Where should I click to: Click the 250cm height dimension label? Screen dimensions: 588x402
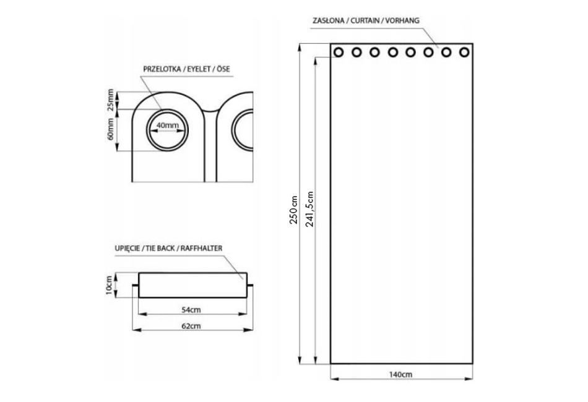(x=293, y=210)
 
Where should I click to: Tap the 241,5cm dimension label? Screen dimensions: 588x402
(x=309, y=209)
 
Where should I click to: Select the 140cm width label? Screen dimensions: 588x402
(x=401, y=374)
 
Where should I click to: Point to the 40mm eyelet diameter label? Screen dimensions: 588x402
(x=167, y=125)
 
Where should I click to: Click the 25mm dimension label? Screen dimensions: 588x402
(x=110, y=100)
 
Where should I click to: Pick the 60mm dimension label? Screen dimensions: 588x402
(x=110, y=129)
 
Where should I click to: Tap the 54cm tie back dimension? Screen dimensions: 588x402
(x=191, y=310)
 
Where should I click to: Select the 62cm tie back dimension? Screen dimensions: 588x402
(x=191, y=326)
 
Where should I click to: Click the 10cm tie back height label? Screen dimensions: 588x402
(x=109, y=285)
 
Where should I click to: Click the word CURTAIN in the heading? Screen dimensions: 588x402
(x=365, y=20)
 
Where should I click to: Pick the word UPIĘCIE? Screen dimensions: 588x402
(x=128, y=249)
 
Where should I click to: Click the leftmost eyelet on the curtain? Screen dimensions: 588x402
(x=338, y=52)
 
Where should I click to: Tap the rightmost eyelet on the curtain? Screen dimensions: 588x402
(x=464, y=52)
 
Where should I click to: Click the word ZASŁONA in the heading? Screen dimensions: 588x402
(x=329, y=20)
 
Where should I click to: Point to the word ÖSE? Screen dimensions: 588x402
(x=223, y=69)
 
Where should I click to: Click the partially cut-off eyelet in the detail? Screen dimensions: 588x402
(x=233, y=130)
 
